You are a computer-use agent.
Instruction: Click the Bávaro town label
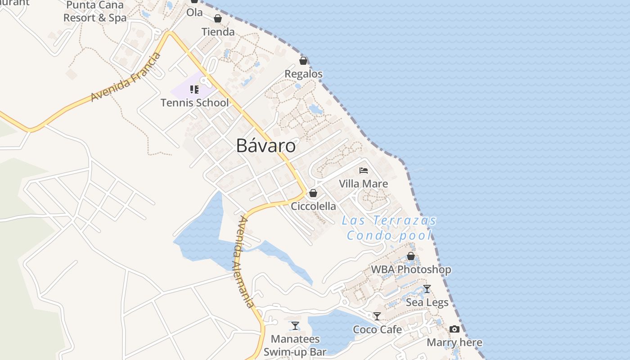coord(266,146)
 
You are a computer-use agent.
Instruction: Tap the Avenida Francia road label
coord(126,77)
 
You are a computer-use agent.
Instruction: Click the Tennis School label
coord(195,103)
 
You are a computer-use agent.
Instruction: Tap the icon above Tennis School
coord(194,90)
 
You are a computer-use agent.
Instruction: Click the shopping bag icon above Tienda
coord(218,18)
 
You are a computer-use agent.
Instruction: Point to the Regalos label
coord(304,74)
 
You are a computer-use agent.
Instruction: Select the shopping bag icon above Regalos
coord(303,61)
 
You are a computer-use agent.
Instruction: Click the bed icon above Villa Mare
coord(364,171)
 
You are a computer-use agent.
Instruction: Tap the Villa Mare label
coord(363,184)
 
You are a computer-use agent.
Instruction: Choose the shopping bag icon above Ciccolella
coord(313,193)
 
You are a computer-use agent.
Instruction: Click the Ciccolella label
coord(314,206)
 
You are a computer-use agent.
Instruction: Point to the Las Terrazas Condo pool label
coord(389,228)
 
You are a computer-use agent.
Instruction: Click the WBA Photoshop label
coord(411,270)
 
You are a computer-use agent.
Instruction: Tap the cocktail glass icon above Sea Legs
coord(427,289)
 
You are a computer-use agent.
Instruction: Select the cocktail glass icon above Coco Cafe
coord(377,316)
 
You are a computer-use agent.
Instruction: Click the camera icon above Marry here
coord(454,329)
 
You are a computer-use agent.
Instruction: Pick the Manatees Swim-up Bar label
coord(295,345)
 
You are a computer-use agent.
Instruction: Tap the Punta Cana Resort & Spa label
coord(95,12)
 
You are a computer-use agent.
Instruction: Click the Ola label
coord(194,13)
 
